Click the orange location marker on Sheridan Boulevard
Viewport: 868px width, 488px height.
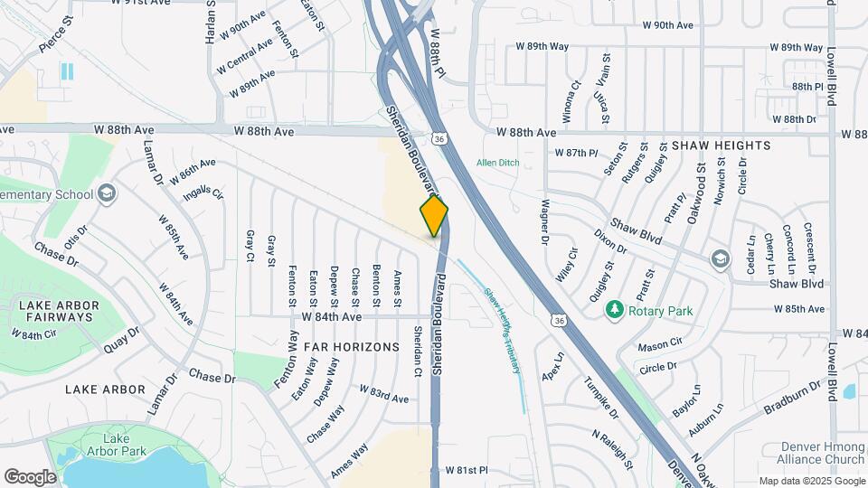tap(434, 215)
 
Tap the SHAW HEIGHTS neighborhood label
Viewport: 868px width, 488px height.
tap(721, 145)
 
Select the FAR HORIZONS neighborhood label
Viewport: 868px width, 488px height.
tap(352, 347)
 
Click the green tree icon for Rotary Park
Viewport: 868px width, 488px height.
tap(615, 311)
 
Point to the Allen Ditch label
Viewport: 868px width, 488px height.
tap(499, 163)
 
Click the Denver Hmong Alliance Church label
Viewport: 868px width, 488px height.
tap(814, 454)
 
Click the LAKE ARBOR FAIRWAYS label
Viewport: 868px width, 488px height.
tap(56, 311)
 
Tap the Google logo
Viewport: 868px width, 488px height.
tap(30, 476)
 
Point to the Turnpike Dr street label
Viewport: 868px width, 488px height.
tap(600, 399)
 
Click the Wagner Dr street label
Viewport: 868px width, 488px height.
tap(545, 221)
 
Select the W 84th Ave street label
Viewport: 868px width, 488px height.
tap(331, 317)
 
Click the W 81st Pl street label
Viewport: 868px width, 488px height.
tap(466, 471)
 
